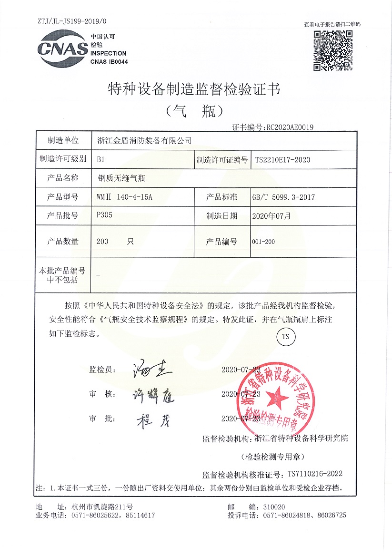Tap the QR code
point(332,49)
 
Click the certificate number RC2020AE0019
point(290,127)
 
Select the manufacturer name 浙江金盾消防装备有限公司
point(144,140)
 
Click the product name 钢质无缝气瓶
point(121,178)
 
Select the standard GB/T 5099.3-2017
point(283,197)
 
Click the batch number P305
point(104,215)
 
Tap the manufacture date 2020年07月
point(271,215)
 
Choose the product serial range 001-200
point(263,242)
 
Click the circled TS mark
point(286,337)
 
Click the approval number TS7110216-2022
point(315,474)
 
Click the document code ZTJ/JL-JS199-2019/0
point(72,21)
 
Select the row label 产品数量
point(63,242)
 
